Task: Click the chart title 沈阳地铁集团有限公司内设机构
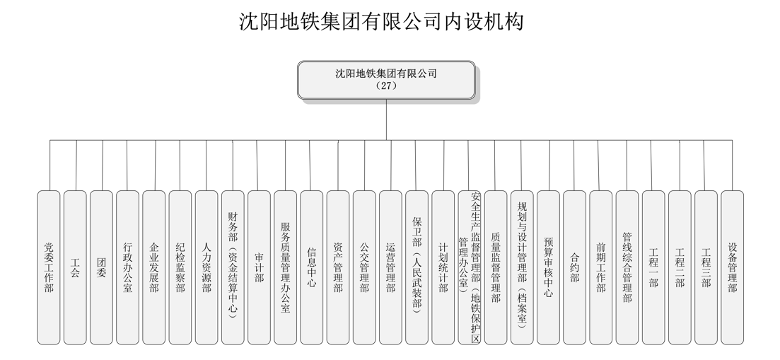tap(381, 22)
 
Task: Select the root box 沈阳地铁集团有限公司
tap(387, 80)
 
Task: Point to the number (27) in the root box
tap(387, 86)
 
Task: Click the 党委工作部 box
tap(49, 267)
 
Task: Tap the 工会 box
tap(75, 267)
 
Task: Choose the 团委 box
tap(102, 267)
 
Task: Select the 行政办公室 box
tap(128, 267)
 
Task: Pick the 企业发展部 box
tap(154, 267)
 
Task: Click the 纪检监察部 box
tap(180, 267)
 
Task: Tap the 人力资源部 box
tap(206, 267)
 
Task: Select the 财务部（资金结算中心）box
tap(233, 267)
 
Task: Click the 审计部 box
tap(259, 267)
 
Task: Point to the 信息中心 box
tap(312, 267)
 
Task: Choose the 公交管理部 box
tap(364, 267)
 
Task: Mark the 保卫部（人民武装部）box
tap(417, 267)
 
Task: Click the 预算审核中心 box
tap(548, 267)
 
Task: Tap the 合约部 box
tap(574, 267)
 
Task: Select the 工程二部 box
tap(680, 267)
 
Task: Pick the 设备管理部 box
tap(732, 267)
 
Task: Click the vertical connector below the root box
tap(387, 120)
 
